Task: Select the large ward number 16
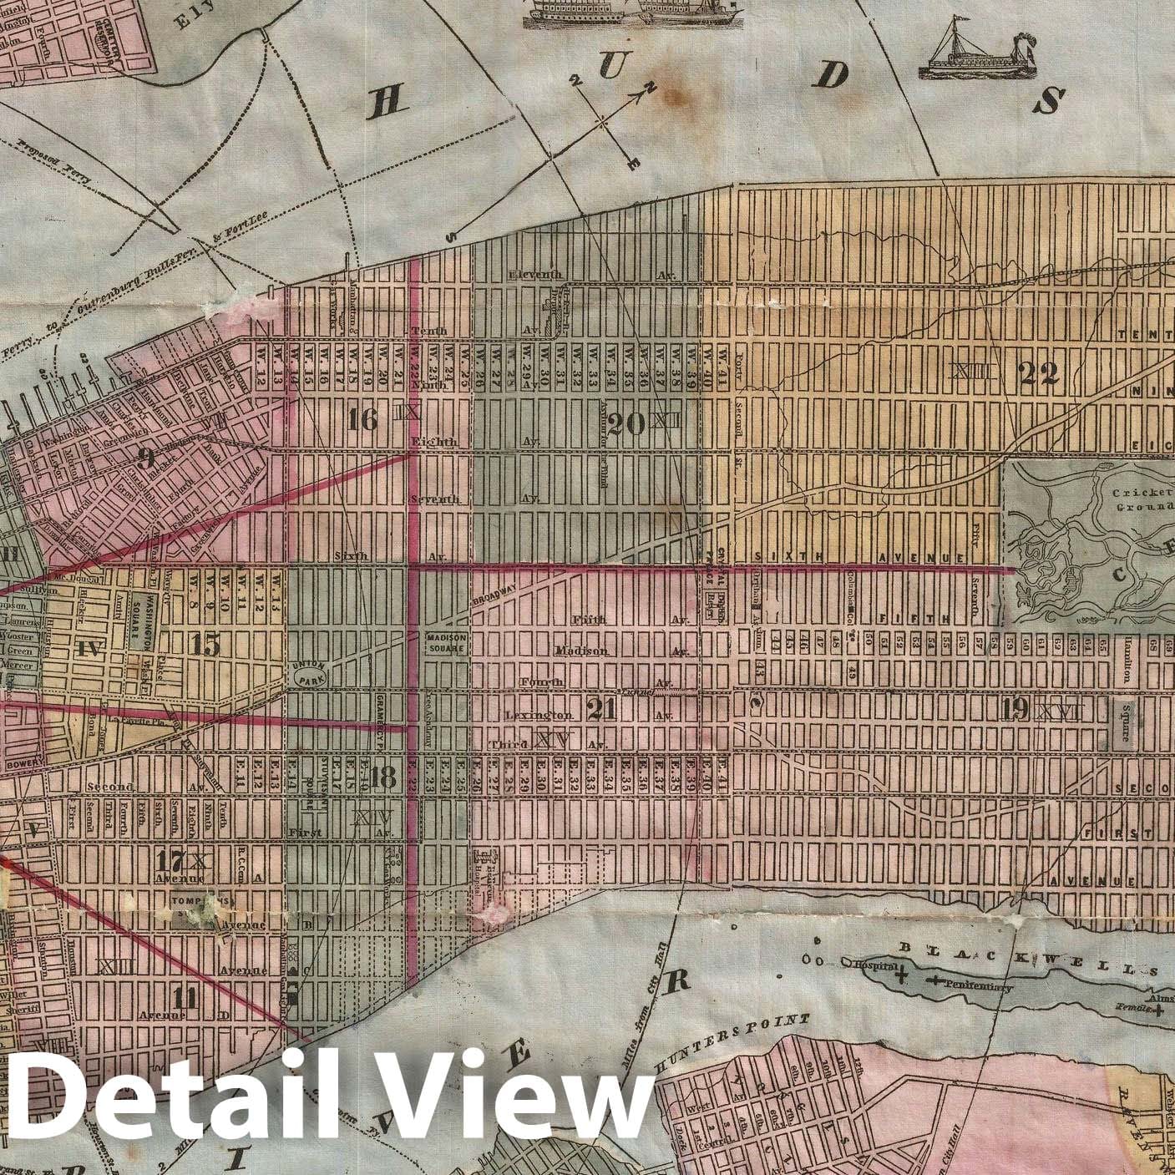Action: tap(363, 420)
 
